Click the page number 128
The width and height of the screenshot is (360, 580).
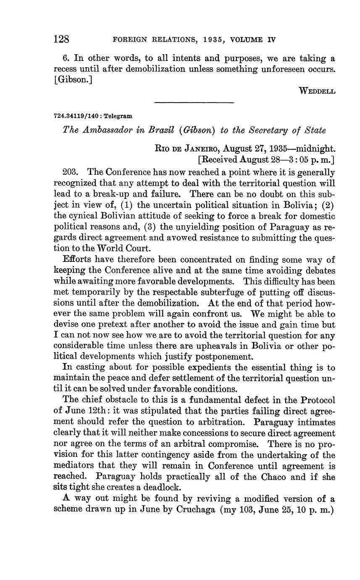click(x=61, y=40)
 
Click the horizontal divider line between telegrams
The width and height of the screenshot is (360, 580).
click(x=194, y=102)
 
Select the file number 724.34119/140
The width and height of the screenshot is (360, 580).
click(x=74, y=116)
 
